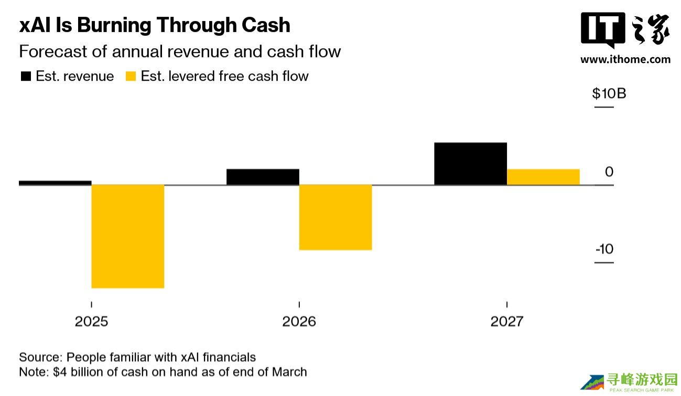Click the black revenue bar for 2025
(55, 183)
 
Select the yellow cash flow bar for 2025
(128, 236)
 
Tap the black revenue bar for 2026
(263, 177)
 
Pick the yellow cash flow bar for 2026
(336, 217)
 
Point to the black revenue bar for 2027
(470, 164)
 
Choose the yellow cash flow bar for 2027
(543, 177)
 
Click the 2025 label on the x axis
(91, 321)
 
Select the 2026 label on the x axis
(299, 321)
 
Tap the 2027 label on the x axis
(506, 321)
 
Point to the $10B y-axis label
(609, 94)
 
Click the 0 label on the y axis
(609, 172)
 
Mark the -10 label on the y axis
(604, 249)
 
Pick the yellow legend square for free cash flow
(131, 77)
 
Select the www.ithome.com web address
(625, 59)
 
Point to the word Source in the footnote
(39, 357)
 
